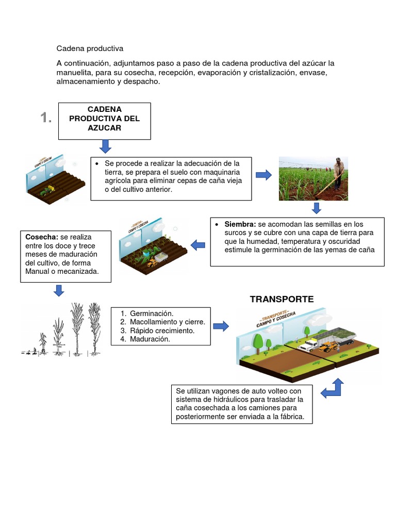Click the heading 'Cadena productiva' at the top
pyautogui.click(x=90, y=48)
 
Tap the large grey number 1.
pyautogui.click(x=46, y=118)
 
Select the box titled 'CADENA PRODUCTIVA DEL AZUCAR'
pyautogui.click(x=104, y=121)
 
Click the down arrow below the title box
pyautogui.click(x=105, y=146)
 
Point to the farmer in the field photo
pyautogui.click(x=338, y=173)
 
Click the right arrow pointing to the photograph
pyautogui.click(x=263, y=175)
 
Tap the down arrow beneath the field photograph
pyautogui.click(x=317, y=208)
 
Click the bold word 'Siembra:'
pyautogui.click(x=240, y=224)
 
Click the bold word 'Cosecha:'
pyautogui.click(x=42, y=237)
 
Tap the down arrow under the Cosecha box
pyautogui.click(x=59, y=290)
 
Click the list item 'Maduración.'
pyautogui.click(x=150, y=339)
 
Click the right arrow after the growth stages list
pyautogui.click(x=221, y=326)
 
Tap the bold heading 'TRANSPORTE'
pyautogui.click(x=282, y=299)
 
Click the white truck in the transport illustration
pyautogui.click(x=308, y=344)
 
